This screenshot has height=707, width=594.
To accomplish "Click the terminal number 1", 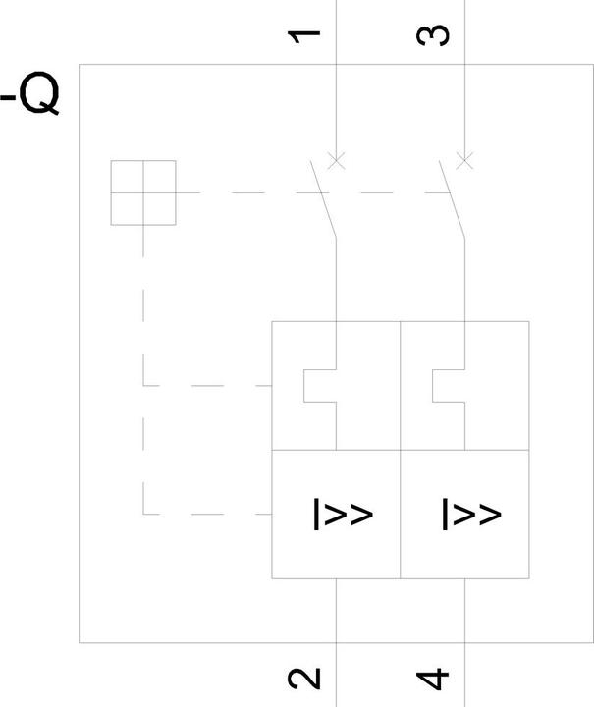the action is [303, 36].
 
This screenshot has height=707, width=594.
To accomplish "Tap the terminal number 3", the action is [433, 35].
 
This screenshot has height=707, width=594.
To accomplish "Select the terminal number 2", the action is [303, 679].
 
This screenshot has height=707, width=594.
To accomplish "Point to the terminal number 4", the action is [433, 680].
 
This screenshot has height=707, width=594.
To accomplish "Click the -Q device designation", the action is [29, 93].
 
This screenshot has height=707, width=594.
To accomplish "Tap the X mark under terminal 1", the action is [336, 160].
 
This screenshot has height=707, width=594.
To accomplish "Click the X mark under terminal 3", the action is [465, 160].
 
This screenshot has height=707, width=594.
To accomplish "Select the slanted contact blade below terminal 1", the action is [323, 198].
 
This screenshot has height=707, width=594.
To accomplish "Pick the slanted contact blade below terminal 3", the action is [452, 198].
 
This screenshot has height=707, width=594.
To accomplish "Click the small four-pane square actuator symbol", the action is [143, 192].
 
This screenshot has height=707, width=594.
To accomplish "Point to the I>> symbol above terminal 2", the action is [343, 514].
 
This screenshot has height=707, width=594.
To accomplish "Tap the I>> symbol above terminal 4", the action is [471, 514].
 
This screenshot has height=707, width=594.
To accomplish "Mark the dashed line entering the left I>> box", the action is [207, 514].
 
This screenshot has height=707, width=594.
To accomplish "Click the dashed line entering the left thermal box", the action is [207, 386].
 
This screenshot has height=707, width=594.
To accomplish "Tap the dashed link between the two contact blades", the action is [387, 193].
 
